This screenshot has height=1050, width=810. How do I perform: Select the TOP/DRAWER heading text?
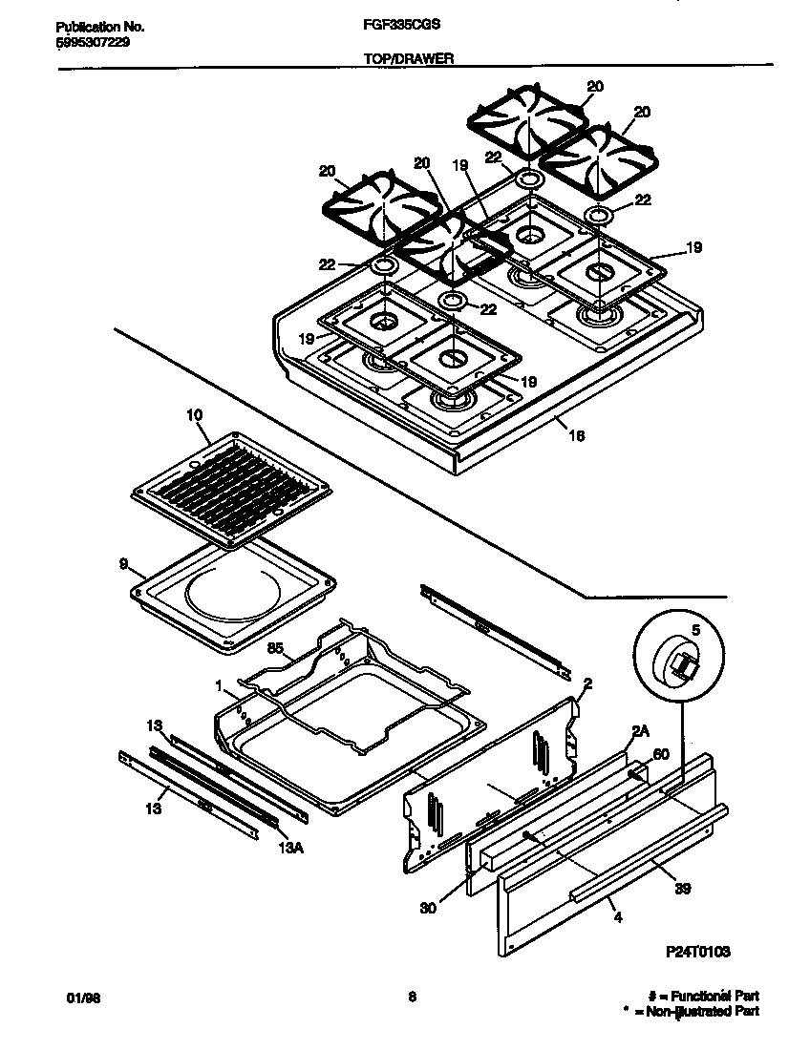(408, 58)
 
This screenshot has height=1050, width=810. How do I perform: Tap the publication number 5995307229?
(87, 44)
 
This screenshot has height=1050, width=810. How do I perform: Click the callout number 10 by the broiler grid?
(194, 415)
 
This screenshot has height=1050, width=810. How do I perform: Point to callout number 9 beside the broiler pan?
(123, 564)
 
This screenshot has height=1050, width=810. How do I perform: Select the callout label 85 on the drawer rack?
(276, 649)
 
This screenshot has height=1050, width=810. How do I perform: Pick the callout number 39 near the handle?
(682, 889)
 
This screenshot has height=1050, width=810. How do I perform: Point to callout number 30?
(427, 908)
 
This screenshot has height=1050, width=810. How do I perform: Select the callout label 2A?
(641, 731)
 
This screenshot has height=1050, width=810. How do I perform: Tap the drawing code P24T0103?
(698, 952)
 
